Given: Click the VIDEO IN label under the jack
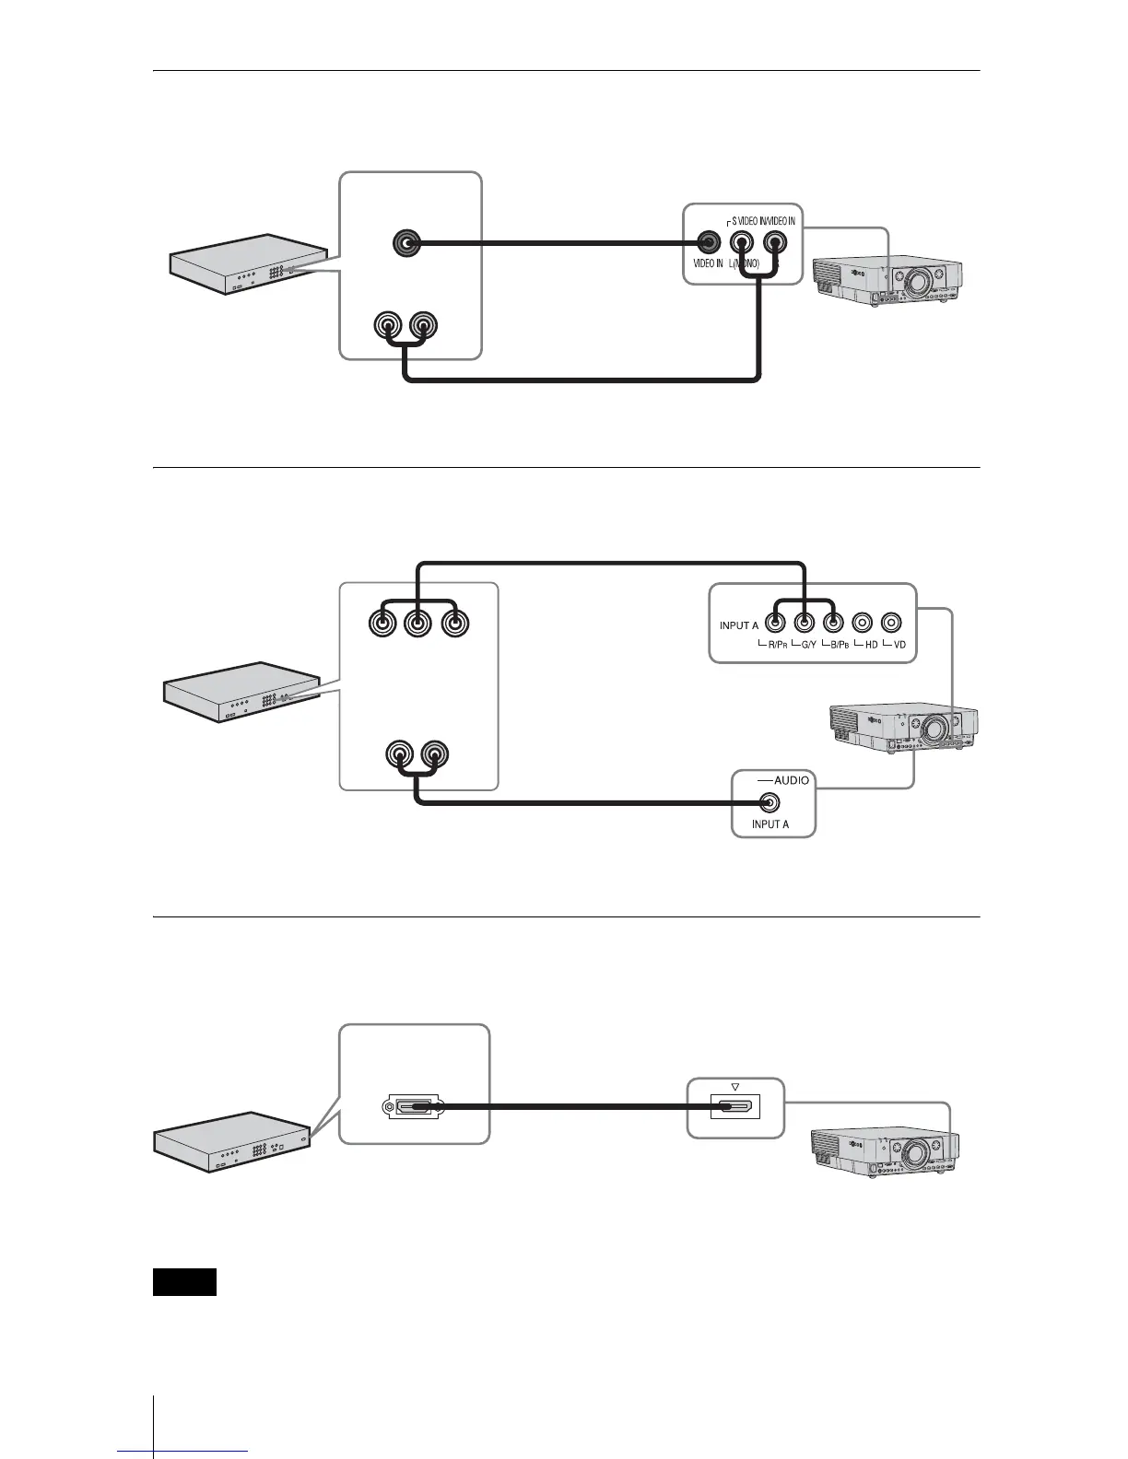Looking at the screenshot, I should coord(702,263).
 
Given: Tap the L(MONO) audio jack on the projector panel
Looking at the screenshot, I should coord(742,243).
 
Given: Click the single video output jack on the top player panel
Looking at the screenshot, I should coord(405,244).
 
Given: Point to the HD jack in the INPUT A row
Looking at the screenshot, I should coord(862,624).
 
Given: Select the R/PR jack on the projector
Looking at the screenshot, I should coord(778,624).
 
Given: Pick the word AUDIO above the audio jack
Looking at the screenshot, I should coord(792,780).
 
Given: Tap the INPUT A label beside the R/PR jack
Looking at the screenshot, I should coord(739,625).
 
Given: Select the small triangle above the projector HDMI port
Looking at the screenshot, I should coord(734,1085).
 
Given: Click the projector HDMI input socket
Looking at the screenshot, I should coord(735,1106).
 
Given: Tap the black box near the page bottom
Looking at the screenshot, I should coord(184,1282).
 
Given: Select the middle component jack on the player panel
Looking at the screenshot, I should coord(417,624).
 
